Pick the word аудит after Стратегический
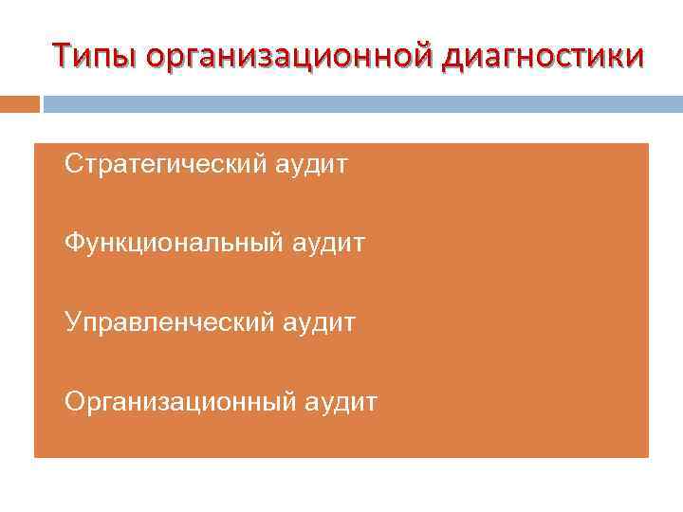(x=312, y=166)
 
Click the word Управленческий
(x=170, y=323)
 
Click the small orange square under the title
(x=20, y=103)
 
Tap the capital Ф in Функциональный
(x=74, y=245)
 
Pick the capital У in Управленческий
(x=73, y=323)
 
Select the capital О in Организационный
(x=75, y=402)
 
